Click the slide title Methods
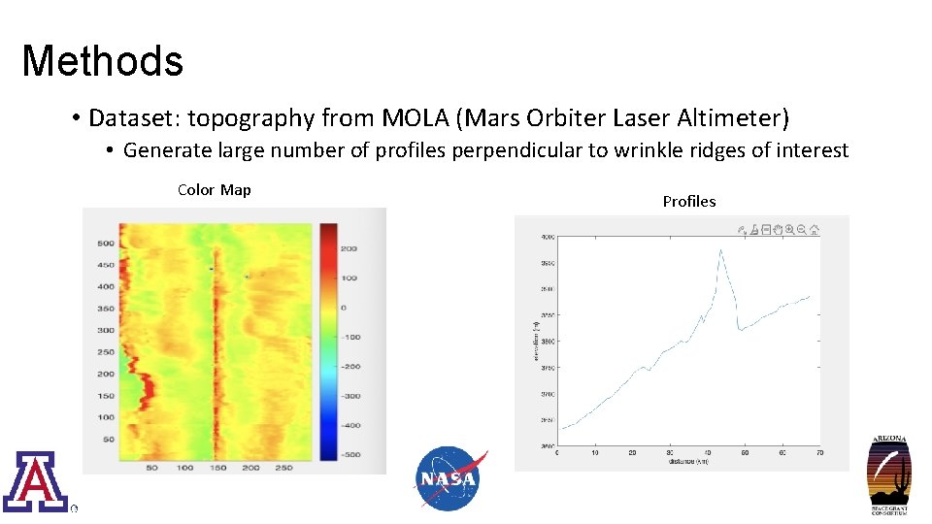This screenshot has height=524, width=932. tap(102, 61)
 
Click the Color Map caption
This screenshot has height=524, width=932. tap(214, 190)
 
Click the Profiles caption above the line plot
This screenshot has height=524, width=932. tap(688, 202)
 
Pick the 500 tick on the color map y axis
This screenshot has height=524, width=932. tap(104, 244)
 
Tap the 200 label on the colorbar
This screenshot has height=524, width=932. tap(348, 249)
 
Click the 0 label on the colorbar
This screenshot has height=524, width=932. tap(342, 308)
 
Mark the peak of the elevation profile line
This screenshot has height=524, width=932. tap(720, 250)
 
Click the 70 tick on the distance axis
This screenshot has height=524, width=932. tap(819, 453)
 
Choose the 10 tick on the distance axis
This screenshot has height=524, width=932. tap(595, 453)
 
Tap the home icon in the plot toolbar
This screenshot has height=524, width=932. tap(815, 231)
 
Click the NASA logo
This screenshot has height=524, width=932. tap(449, 478)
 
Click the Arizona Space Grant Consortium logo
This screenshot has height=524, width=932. tap(887, 475)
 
